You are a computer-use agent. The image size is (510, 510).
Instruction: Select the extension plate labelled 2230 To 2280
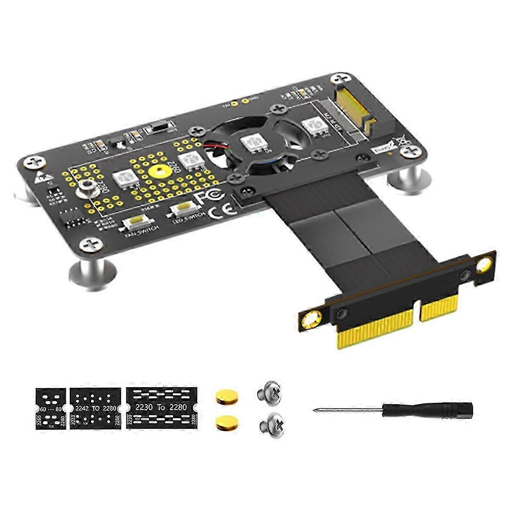tap(161, 407)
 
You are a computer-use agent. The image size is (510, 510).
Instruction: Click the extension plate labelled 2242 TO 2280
tap(94, 407)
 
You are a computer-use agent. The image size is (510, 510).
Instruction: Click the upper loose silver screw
tap(270, 393)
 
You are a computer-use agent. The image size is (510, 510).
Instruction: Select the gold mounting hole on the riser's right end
tap(484, 266)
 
